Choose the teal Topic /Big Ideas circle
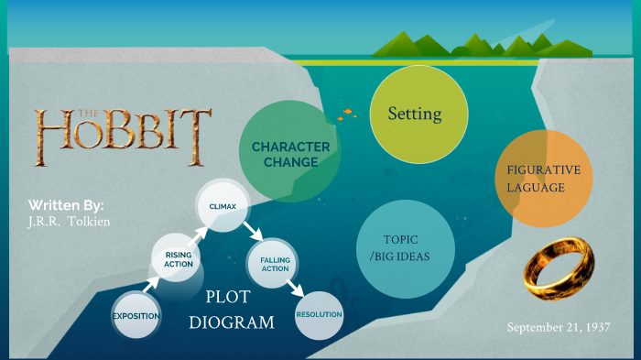[x=404, y=248]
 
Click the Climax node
[x=223, y=206]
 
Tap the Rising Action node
[x=179, y=258]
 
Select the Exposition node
[x=136, y=316]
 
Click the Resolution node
[x=319, y=315]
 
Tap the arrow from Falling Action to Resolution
[x=295, y=287]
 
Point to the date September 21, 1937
[x=558, y=328]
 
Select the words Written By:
[x=66, y=204]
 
